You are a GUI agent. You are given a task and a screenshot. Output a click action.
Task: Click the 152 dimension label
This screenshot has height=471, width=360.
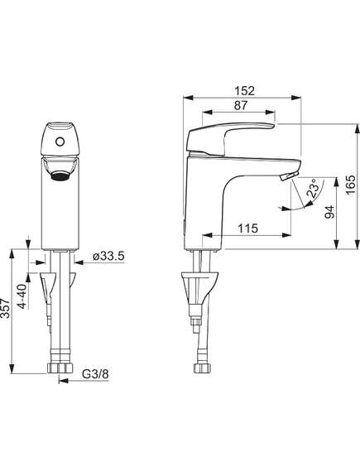[x=245, y=91]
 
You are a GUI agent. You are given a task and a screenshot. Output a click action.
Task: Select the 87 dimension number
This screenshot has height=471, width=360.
[x=241, y=105]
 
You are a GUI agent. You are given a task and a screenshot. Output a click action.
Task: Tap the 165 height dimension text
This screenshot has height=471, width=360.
[x=350, y=185]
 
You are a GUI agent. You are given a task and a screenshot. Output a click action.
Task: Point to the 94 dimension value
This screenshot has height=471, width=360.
[x=329, y=212]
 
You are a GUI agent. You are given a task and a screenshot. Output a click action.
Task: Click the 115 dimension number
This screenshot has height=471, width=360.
[x=248, y=228]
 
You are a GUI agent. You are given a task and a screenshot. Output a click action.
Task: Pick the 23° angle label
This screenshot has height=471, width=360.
[x=313, y=189]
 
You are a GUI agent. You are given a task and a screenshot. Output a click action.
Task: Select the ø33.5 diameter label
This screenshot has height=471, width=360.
[x=108, y=257]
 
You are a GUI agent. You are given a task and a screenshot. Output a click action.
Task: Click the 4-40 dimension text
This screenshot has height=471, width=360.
[x=22, y=296]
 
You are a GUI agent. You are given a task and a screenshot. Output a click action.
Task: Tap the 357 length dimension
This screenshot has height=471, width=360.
[x=6, y=308]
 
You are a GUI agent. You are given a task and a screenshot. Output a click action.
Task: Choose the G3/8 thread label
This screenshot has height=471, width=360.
[x=95, y=374]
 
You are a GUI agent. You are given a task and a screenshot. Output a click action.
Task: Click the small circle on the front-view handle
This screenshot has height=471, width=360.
[x=60, y=142]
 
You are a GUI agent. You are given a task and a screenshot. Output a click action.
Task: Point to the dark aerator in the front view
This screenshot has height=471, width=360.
[x=60, y=176]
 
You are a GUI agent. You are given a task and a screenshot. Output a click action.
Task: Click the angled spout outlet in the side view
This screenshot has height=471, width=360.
[x=289, y=175]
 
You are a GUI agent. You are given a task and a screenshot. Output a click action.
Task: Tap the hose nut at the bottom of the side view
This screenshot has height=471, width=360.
[x=201, y=368]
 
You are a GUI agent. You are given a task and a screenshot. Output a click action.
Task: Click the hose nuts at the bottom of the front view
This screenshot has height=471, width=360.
[x=60, y=368]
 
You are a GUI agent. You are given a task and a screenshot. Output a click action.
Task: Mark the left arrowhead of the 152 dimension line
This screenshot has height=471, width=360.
[x=188, y=98]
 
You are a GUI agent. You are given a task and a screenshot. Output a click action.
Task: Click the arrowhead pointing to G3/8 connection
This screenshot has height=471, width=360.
[x=62, y=381]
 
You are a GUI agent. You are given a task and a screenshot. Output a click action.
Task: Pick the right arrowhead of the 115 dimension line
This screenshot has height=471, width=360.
[x=286, y=235]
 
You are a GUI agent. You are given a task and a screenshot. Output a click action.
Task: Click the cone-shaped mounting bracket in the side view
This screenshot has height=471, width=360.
[x=199, y=288]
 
